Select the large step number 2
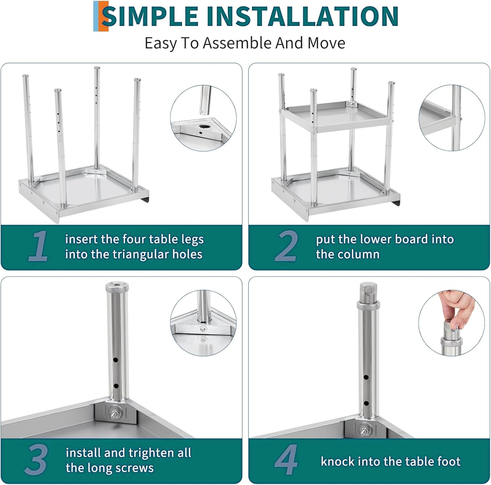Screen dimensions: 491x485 pos(286,246)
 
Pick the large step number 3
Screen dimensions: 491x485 pos(36,459)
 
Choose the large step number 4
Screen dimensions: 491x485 pos(286,459)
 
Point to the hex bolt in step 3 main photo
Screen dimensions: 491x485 pos(116,413)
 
